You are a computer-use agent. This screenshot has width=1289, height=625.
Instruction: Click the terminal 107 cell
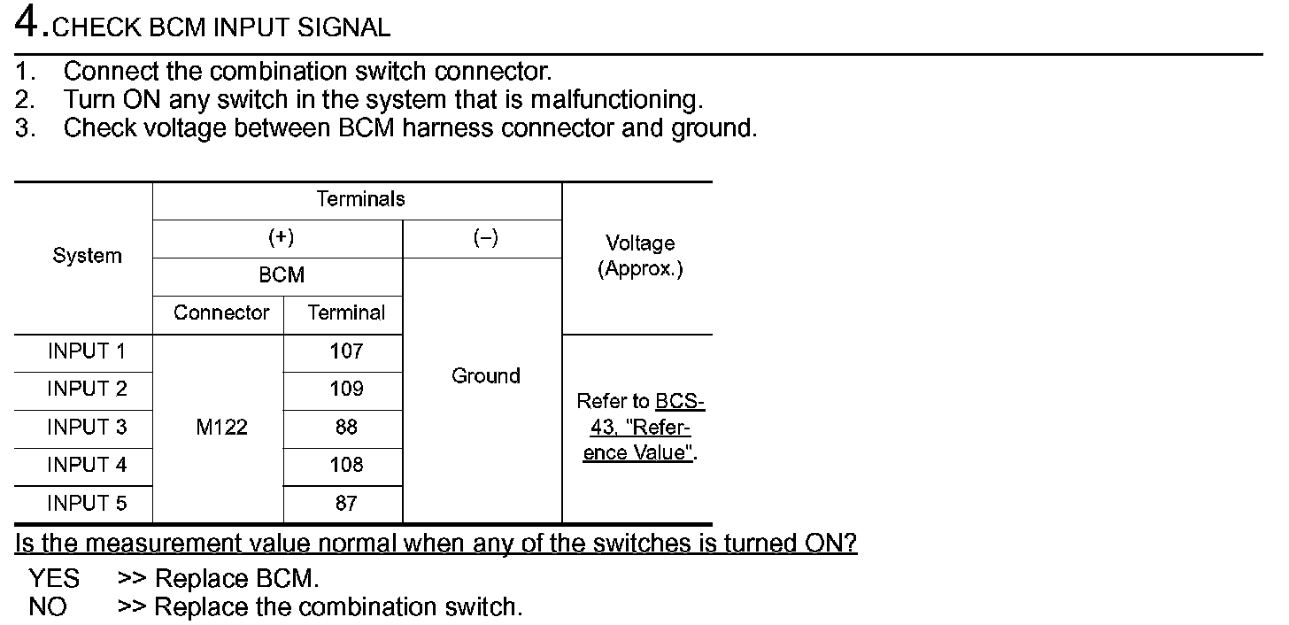pyautogui.click(x=346, y=351)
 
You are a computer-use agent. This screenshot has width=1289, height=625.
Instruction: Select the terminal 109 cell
pyautogui.click(x=346, y=389)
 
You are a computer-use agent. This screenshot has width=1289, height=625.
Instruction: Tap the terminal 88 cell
pyautogui.click(x=346, y=428)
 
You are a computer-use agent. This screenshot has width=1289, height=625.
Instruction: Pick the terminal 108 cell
pyautogui.click(x=346, y=465)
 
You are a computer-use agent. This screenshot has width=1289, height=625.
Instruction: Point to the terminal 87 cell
pyautogui.click(x=346, y=504)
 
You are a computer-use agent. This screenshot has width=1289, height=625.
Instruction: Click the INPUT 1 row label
pyautogui.click(x=87, y=351)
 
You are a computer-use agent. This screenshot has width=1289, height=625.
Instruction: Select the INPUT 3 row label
pyautogui.click(x=87, y=428)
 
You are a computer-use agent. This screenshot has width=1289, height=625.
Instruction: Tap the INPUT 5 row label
pyautogui.click(x=87, y=504)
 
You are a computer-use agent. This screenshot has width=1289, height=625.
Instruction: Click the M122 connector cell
pyautogui.click(x=221, y=428)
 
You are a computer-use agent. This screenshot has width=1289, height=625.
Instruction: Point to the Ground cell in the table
pyautogui.click(x=485, y=376)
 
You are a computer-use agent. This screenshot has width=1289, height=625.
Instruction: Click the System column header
pyautogui.click(x=87, y=257)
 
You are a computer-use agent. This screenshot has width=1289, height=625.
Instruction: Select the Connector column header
pyautogui.click(x=221, y=313)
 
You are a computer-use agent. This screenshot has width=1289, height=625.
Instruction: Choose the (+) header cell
pyautogui.click(x=281, y=238)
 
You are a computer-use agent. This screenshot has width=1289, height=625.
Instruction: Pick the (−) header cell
pyautogui.click(x=485, y=238)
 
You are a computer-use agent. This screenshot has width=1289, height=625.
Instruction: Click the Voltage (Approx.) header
pyautogui.click(x=640, y=256)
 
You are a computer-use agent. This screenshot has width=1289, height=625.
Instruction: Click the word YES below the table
pyautogui.click(x=54, y=579)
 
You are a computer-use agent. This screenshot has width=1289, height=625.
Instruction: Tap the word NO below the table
pyautogui.click(x=47, y=607)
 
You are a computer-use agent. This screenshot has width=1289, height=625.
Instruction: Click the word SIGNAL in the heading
pyautogui.click(x=343, y=27)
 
